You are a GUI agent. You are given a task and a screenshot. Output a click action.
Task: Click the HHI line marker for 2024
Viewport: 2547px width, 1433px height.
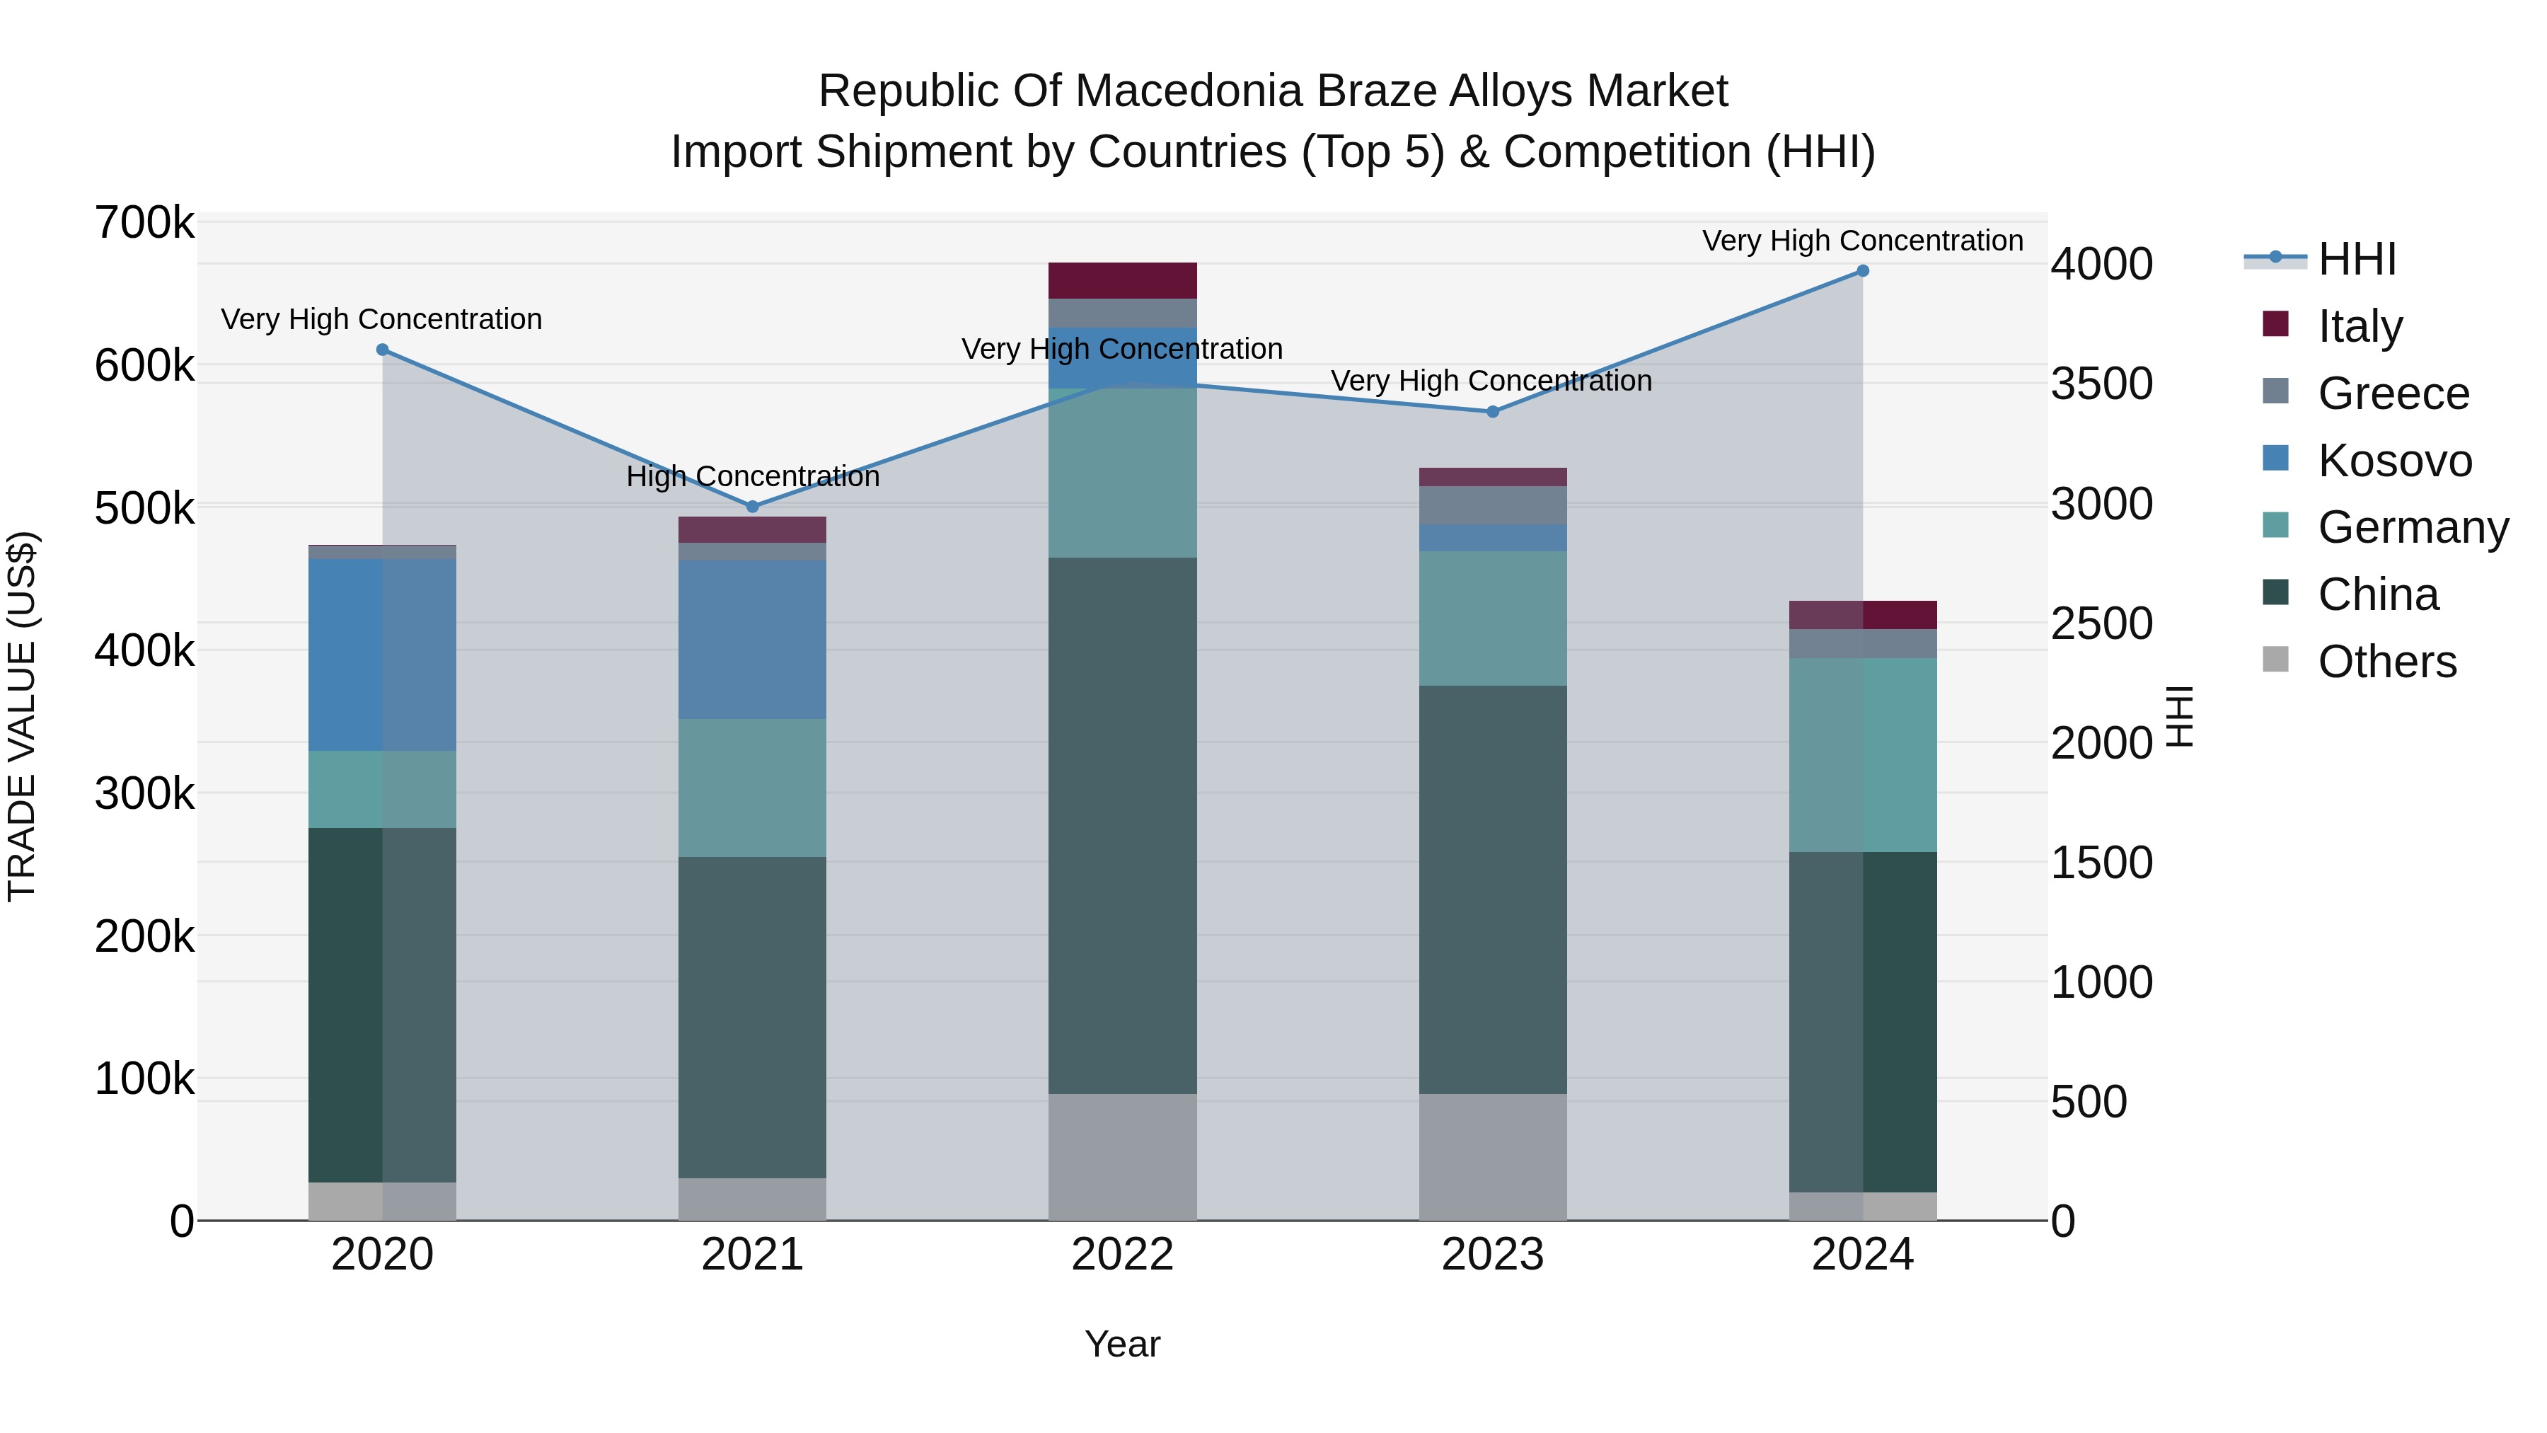(x=1863, y=271)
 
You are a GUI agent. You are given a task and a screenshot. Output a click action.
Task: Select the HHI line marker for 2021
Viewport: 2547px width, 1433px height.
(x=753, y=507)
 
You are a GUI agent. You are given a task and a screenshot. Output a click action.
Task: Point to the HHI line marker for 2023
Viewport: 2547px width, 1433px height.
(x=1493, y=411)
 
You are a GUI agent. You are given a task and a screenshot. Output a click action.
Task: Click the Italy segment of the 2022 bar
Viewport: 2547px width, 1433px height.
(x=1122, y=281)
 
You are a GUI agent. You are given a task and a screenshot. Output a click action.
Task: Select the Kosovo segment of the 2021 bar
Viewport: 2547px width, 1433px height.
(x=753, y=640)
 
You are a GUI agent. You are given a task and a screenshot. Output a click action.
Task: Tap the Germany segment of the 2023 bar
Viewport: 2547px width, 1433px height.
(x=1493, y=618)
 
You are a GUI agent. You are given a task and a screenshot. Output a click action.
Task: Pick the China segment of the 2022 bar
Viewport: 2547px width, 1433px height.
(x=1122, y=826)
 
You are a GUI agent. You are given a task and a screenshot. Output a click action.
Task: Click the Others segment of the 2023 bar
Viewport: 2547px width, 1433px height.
(x=1493, y=1157)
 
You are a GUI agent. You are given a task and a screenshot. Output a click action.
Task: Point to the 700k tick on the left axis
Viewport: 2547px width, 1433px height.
(x=144, y=224)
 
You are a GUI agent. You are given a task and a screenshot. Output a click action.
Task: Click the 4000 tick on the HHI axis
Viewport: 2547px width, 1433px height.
(x=2101, y=264)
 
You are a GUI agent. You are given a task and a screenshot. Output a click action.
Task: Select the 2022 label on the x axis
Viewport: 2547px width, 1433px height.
(x=1122, y=1255)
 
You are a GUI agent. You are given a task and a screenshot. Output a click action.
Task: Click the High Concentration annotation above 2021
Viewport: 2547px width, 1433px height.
(x=753, y=477)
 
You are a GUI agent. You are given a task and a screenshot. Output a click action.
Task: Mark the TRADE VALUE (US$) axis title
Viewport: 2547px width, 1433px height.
(x=23, y=716)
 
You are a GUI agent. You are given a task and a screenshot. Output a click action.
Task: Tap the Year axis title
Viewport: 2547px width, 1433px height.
(x=1122, y=1344)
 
